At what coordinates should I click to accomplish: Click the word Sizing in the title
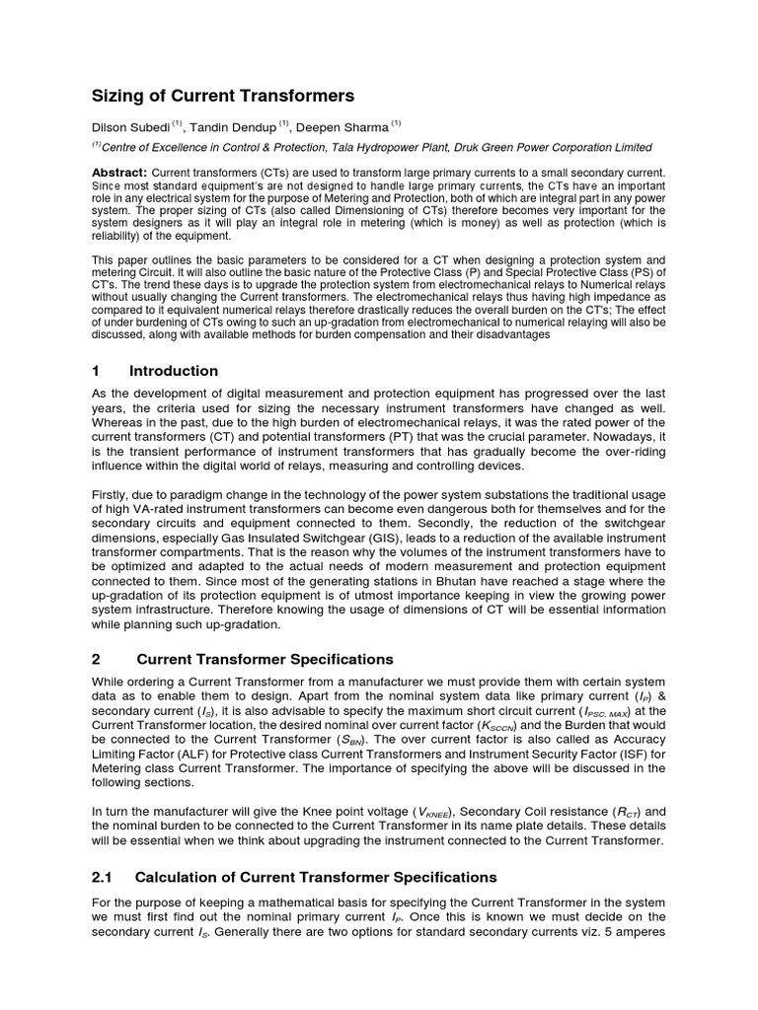point(116,96)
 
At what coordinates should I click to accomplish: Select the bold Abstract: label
point(118,174)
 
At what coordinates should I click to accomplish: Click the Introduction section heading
point(174,371)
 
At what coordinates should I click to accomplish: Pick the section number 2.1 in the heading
point(104,877)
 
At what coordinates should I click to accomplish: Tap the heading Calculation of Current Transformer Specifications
point(316,877)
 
